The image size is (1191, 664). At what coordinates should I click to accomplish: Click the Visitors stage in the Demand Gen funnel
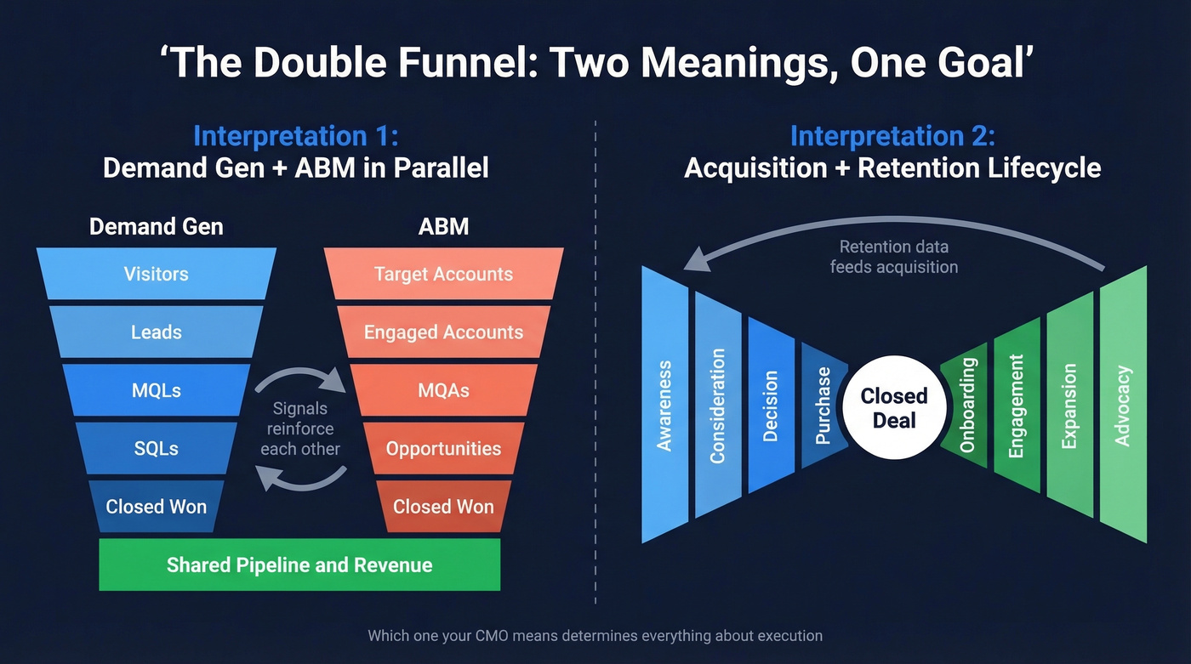point(156,274)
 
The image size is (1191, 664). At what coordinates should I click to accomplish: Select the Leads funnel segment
point(156,332)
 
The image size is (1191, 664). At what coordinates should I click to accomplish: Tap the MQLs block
point(156,390)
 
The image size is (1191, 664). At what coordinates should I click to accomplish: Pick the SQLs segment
point(156,448)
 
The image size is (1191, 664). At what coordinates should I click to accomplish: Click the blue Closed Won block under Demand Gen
point(156,507)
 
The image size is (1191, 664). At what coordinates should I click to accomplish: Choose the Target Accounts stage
point(443,274)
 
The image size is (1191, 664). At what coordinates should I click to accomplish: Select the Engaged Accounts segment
point(443,332)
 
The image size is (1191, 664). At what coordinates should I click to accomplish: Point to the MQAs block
point(443,390)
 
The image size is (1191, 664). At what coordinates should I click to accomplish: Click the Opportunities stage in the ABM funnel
point(443,448)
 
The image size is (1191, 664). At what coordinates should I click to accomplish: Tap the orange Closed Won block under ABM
point(443,507)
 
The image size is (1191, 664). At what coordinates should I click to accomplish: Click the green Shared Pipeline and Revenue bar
point(299,565)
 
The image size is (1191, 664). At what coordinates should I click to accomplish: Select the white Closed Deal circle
point(893,408)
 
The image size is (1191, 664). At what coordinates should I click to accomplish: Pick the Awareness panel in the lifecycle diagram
point(664,406)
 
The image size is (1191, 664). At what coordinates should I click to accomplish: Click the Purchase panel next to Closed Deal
point(823,406)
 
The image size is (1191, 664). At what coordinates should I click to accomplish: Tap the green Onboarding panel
point(966,406)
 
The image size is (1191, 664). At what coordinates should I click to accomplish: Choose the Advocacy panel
point(1123,406)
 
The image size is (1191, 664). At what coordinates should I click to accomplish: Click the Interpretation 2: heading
point(892,136)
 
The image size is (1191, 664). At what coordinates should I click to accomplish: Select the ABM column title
point(443,226)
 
